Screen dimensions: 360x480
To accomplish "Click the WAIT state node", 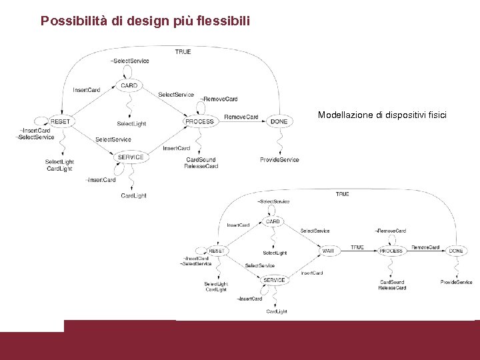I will [329, 251].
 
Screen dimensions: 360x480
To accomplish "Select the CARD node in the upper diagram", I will [129, 85].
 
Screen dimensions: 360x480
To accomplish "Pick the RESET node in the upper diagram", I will [60, 121].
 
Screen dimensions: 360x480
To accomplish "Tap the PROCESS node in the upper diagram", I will [199, 121].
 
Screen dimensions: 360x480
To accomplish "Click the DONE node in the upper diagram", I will [279, 121].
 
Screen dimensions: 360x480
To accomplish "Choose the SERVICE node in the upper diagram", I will [131, 157].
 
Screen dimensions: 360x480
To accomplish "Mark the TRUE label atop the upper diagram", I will [183, 51].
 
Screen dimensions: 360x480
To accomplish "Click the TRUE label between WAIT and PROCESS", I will [357, 247].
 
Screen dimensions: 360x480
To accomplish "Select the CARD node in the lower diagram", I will [273, 221].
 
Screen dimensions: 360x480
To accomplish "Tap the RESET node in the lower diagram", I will [217, 251].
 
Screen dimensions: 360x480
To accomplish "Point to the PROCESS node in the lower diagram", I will [391, 251].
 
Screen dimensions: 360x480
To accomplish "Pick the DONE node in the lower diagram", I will [456, 251].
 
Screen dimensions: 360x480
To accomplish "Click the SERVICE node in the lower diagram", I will [274, 280].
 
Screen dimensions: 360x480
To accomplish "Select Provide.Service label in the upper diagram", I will [279, 160].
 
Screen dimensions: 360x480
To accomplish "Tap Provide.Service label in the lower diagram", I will [456, 283].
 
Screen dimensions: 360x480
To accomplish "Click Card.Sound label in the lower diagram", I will [392, 282].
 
